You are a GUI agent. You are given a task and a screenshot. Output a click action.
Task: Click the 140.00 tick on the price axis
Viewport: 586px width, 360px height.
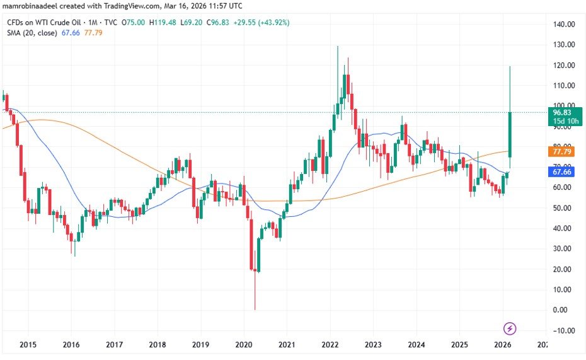click(563, 25)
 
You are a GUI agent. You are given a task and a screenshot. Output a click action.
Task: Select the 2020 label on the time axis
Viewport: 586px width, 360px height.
click(243, 345)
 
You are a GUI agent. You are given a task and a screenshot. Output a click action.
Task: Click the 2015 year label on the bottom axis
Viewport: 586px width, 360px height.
click(28, 345)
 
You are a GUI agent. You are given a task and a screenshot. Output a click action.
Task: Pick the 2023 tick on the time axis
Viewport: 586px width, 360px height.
click(372, 345)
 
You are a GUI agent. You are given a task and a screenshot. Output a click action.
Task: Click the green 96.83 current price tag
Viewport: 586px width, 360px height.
click(561, 112)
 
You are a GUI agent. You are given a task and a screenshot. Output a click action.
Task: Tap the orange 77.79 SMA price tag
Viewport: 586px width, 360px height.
click(561, 152)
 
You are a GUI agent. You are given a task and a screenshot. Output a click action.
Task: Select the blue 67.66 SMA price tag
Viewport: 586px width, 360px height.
click(561, 172)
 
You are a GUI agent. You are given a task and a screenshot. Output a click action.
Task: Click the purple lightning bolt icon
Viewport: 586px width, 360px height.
click(510, 328)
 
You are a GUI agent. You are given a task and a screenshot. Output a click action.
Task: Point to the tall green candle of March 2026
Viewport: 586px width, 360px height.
click(509, 134)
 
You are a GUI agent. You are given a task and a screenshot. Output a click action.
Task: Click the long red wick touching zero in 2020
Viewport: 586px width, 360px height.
click(255, 290)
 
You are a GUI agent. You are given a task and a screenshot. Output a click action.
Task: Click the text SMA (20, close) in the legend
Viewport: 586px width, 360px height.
click(32, 33)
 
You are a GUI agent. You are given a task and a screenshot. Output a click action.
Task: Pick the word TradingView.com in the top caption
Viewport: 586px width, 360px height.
click(116, 6)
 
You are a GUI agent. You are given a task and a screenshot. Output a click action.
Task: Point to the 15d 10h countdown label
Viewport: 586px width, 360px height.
click(561, 121)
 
